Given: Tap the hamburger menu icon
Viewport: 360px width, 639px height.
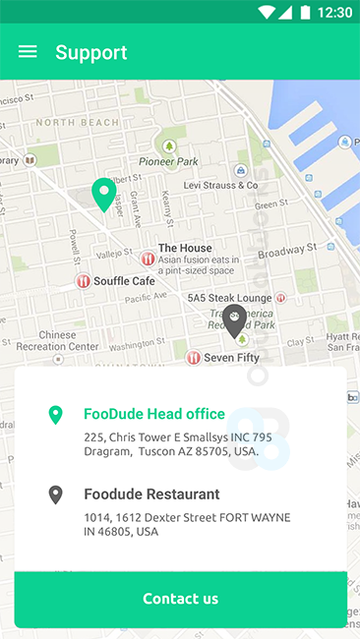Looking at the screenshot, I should click(x=28, y=52).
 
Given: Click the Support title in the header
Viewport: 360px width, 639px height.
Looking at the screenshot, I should click(x=90, y=52).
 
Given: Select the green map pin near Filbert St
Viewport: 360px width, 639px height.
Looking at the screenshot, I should click(x=103, y=194).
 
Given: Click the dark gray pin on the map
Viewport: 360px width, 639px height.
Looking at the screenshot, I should click(x=234, y=320).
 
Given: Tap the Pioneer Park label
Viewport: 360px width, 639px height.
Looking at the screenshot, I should click(x=168, y=161).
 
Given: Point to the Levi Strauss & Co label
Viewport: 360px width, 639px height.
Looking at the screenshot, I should click(x=220, y=185).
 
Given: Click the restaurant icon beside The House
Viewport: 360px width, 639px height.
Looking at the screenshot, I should click(x=148, y=260).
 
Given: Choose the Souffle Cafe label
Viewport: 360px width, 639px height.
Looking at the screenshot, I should click(x=124, y=281).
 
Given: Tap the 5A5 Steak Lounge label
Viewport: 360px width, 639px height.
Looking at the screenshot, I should click(x=229, y=297).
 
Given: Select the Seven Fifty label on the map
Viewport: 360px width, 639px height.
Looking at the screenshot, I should click(x=231, y=358).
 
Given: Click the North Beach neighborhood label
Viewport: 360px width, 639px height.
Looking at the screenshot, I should click(x=75, y=124).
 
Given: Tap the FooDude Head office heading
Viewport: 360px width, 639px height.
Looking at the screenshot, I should click(x=154, y=414).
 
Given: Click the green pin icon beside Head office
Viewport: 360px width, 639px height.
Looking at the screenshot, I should click(x=56, y=415).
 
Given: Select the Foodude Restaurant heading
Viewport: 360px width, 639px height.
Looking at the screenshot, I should click(x=151, y=494).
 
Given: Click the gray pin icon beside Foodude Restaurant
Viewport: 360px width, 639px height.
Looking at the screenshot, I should click(x=56, y=494).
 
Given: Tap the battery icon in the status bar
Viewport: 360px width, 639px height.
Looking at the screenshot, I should click(x=306, y=13).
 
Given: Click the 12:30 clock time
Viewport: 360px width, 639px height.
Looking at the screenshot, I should click(x=335, y=13).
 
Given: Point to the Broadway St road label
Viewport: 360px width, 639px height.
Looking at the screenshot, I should click(x=287, y=251).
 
